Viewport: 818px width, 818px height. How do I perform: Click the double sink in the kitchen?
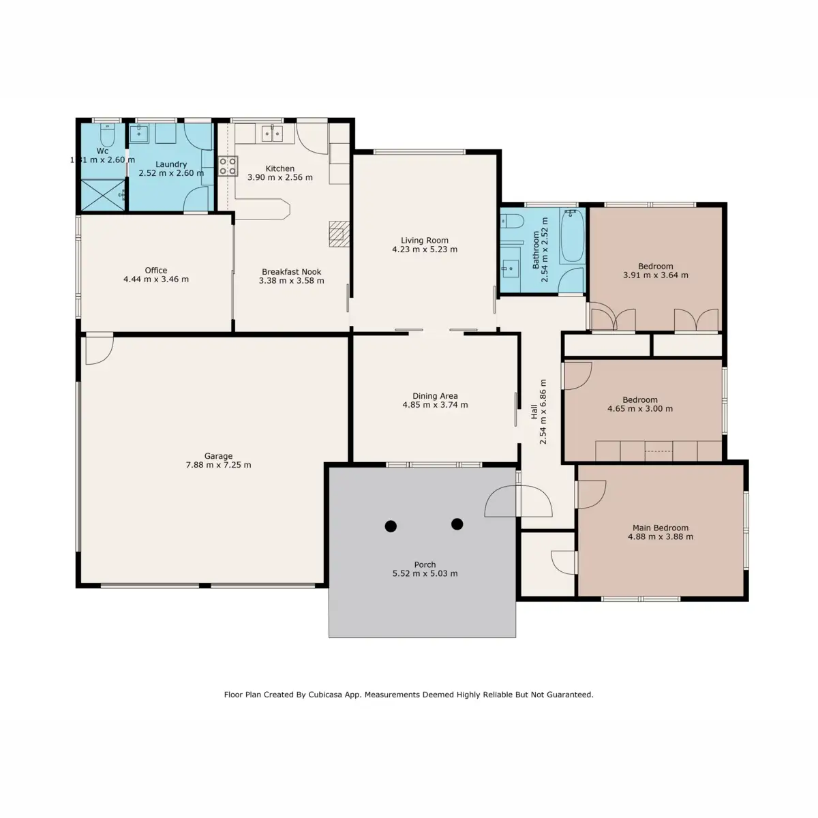click(x=272, y=133)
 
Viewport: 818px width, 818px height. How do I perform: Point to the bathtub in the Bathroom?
click(x=572, y=236)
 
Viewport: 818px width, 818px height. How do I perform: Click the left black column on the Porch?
click(x=391, y=526)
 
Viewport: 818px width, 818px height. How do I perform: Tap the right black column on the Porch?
click(x=457, y=524)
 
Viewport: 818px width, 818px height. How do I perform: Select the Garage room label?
click(x=218, y=456)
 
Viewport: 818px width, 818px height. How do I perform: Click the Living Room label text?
click(x=424, y=240)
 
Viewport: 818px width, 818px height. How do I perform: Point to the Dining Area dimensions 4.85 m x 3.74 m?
click(x=435, y=405)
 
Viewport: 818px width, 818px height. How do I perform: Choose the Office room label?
click(x=155, y=270)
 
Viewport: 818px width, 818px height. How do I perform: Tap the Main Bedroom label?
click(x=660, y=528)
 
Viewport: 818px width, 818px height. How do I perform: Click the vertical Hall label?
click(x=534, y=413)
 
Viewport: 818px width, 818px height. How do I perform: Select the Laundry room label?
click(x=170, y=164)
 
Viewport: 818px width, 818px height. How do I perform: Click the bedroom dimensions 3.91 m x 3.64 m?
click(x=655, y=275)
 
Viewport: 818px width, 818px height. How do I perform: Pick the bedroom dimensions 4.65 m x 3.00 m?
click(x=639, y=409)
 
